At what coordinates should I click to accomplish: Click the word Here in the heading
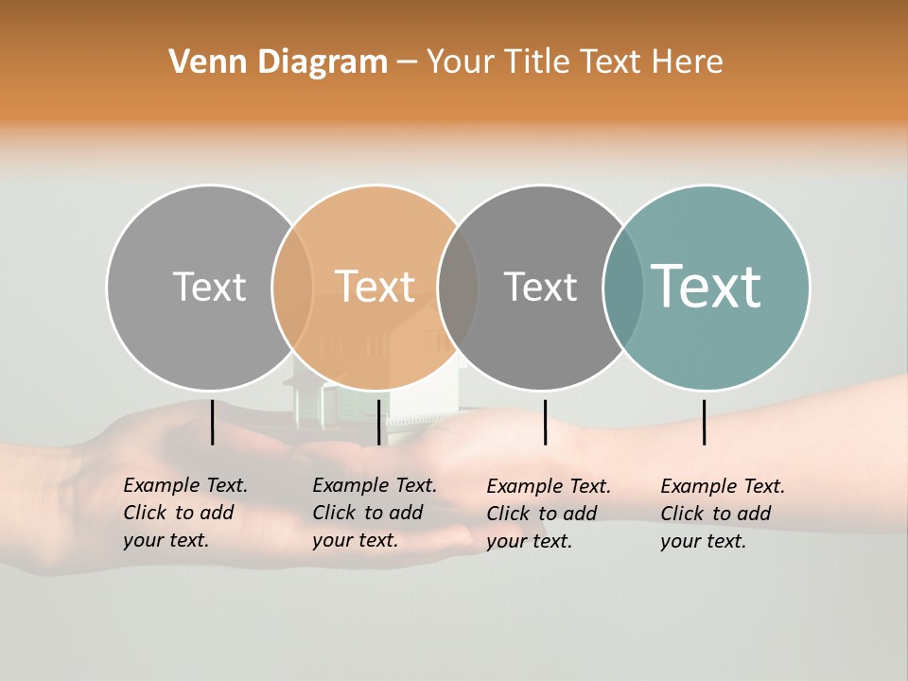(688, 62)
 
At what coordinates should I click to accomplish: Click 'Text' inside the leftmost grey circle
(209, 287)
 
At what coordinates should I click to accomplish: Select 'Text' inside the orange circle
(375, 287)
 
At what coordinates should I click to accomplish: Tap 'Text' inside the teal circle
(707, 287)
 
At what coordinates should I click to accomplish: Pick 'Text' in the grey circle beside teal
(540, 287)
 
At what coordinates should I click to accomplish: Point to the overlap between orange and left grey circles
(292, 287)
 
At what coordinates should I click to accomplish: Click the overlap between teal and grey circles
(623, 287)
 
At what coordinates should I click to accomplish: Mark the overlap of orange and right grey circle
(458, 287)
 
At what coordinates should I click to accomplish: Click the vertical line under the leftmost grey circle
(212, 422)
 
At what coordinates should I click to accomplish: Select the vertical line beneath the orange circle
(378, 422)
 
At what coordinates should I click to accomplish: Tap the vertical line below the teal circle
(704, 422)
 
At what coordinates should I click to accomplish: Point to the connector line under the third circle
(545, 422)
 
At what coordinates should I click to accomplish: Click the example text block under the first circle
(184, 513)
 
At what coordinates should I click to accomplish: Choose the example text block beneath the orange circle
(374, 513)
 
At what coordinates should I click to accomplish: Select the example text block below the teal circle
(722, 514)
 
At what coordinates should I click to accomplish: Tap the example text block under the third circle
(548, 514)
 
